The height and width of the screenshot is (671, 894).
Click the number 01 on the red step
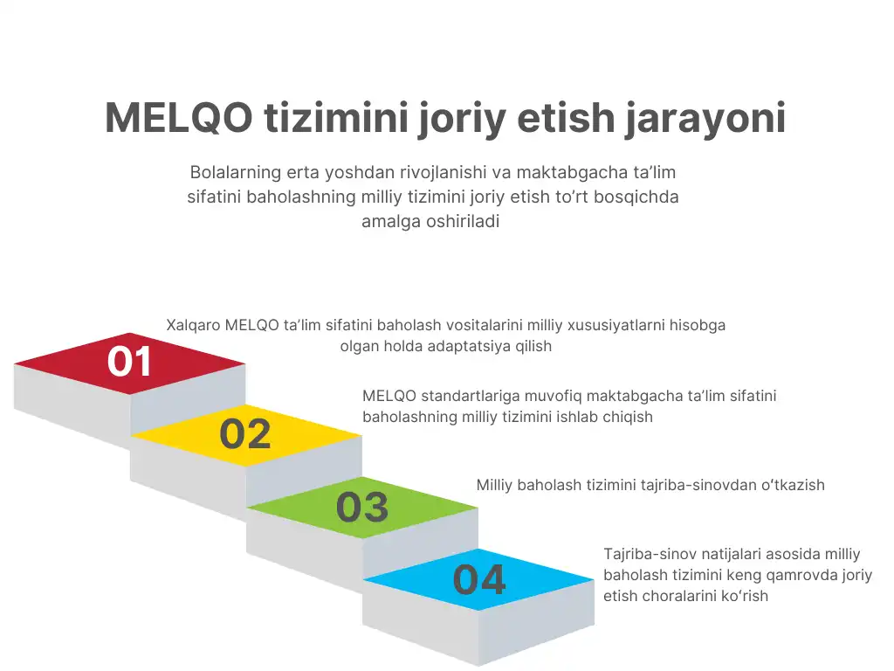pyautogui.click(x=129, y=361)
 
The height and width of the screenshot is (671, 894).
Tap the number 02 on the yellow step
pyautogui.click(x=245, y=433)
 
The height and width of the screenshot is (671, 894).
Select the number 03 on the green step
pyautogui.click(x=362, y=507)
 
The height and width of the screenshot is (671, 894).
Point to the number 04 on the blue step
pyautogui.click(x=479, y=580)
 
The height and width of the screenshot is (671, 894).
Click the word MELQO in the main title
pyautogui.click(x=178, y=118)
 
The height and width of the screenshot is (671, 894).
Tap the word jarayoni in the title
pyautogui.click(x=705, y=119)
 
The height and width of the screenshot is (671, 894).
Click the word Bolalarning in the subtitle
pyautogui.click(x=236, y=172)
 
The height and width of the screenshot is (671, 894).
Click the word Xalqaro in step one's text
pyautogui.click(x=193, y=325)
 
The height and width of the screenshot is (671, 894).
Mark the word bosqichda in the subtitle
pyautogui.click(x=636, y=197)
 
